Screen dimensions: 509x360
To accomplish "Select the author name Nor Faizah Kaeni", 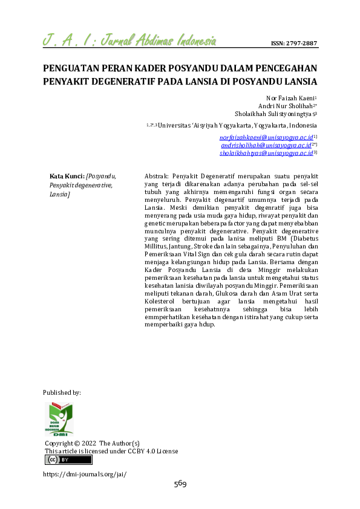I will click(291, 97).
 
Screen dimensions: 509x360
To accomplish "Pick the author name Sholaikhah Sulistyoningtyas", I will click(275, 113).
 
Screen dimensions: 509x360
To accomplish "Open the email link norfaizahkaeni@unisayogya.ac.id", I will click(266, 138).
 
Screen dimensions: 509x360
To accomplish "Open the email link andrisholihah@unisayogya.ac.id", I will click(266, 146).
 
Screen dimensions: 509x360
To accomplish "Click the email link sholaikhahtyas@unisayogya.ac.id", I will click(266, 154).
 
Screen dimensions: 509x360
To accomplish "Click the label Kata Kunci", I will click(66, 176).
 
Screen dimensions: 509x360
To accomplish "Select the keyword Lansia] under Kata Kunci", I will click(60, 195).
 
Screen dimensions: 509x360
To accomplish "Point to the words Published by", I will click(62, 392).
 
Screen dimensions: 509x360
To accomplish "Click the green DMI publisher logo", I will click(59, 419).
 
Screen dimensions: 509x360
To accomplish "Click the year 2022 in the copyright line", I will click(88, 443).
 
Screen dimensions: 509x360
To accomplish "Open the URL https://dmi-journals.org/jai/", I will click(85, 475).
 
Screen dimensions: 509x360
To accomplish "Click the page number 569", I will click(180, 484).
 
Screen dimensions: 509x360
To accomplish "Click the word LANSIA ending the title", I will click(301, 81).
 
